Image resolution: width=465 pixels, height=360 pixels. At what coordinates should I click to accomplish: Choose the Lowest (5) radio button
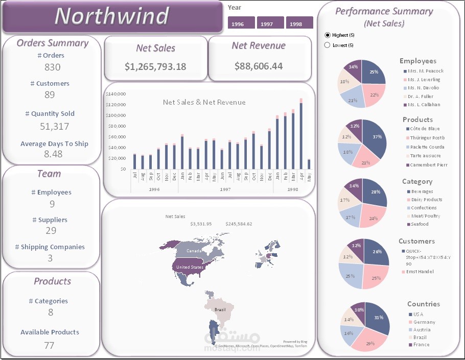(328, 45)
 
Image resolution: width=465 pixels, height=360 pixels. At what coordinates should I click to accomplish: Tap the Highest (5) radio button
(328, 35)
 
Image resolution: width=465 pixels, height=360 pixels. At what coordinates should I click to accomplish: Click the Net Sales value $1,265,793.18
(155, 66)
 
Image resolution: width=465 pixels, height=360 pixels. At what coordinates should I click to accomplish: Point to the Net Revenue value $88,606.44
(259, 66)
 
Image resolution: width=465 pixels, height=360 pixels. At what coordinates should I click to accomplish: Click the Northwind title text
(111, 16)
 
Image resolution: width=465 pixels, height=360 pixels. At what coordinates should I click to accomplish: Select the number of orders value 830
(52, 67)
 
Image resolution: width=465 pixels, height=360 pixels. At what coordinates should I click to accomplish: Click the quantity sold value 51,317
(54, 126)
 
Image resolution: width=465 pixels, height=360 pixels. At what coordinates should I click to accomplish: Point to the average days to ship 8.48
(53, 154)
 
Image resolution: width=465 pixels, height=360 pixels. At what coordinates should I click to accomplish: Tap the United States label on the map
(190, 267)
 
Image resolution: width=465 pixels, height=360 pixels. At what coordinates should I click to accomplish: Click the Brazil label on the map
(220, 310)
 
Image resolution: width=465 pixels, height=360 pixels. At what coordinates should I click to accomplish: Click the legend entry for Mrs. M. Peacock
(425, 71)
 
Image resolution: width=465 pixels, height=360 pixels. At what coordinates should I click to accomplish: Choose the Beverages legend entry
(422, 191)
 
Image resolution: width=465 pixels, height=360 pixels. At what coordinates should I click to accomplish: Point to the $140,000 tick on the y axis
(117, 94)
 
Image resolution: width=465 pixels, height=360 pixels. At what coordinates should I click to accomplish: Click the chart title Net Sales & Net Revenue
(204, 102)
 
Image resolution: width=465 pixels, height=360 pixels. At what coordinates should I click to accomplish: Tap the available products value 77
(49, 346)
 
